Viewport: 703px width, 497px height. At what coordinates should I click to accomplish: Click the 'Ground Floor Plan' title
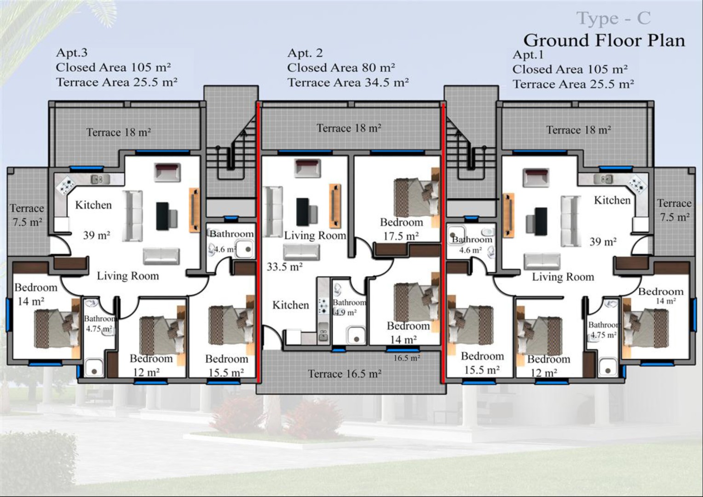click(x=604, y=40)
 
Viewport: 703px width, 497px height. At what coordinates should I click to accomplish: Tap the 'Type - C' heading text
click(x=614, y=18)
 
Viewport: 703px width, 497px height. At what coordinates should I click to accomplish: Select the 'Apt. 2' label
click(x=305, y=53)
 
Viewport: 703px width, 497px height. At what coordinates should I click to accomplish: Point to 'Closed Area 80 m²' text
click(x=341, y=68)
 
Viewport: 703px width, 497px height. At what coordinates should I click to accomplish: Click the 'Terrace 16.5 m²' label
click(x=345, y=374)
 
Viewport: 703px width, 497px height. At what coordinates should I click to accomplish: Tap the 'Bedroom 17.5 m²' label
click(x=401, y=229)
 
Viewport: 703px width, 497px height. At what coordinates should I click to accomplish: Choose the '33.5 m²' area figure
click(x=285, y=267)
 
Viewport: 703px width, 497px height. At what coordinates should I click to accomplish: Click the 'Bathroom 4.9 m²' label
click(x=349, y=307)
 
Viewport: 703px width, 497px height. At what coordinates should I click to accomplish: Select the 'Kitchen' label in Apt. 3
click(x=93, y=205)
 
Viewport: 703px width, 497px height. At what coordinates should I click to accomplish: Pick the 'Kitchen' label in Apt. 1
click(x=612, y=200)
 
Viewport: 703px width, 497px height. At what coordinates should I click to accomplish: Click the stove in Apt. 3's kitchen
click(x=66, y=185)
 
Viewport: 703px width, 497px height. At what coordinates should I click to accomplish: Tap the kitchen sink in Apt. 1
click(x=603, y=179)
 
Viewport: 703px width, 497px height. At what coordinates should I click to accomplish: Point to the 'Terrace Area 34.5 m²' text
click(x=348, y=82)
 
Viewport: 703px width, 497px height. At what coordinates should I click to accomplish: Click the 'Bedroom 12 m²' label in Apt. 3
click(x=151, y=365)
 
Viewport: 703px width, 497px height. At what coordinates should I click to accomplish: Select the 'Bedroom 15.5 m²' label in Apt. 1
click(x=482, y=363)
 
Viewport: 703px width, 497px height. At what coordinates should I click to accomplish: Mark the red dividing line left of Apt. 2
click(x=258, y=243)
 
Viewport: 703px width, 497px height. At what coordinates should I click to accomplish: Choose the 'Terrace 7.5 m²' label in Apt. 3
click(x=27, y=215)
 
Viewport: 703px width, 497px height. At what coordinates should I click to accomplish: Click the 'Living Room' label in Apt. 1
click(x=563, y=277)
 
